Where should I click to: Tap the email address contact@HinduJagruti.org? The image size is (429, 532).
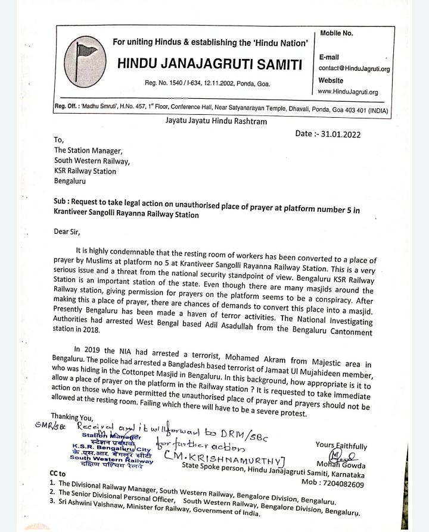pos(354,69)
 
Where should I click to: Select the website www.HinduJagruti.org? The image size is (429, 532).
pos(348,92)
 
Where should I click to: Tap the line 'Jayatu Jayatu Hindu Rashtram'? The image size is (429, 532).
pos(216,121)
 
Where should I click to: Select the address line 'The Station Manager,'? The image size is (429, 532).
pos(88,151)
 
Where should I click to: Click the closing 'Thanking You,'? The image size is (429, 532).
pos(72,417)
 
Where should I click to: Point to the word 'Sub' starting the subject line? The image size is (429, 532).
pos(60,202)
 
